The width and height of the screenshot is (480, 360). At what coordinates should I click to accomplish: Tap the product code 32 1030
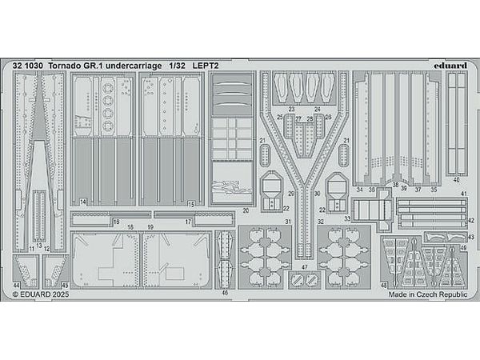click(28, 64)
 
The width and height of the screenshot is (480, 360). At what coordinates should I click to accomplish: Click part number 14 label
click(83, 204)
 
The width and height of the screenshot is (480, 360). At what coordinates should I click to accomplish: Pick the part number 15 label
click(190, 204)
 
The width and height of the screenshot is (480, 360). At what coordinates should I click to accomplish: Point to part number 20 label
click(246, 211)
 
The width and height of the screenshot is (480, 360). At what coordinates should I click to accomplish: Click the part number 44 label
click(17, 285)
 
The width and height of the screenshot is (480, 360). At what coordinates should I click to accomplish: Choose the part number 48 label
click(384, 285)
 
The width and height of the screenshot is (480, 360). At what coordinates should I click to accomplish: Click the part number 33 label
click(347, 218)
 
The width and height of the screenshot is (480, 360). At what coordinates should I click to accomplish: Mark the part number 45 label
click(66, 285)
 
